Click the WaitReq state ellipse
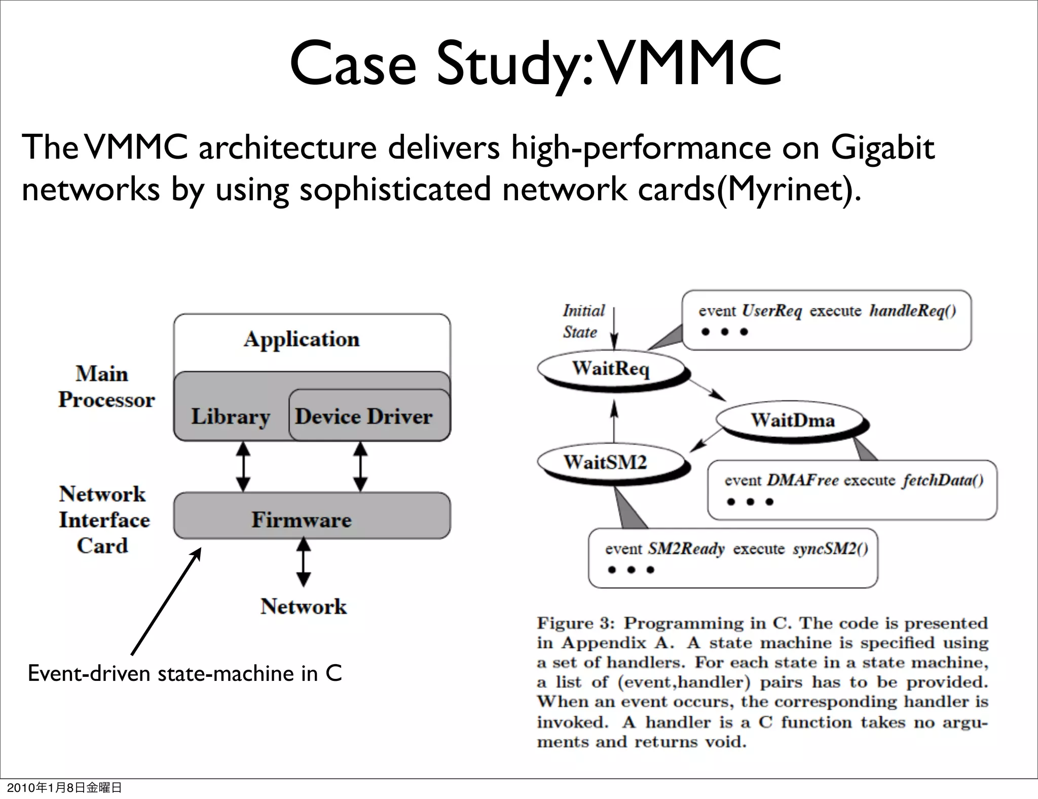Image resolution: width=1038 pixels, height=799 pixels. [x=611, y=369]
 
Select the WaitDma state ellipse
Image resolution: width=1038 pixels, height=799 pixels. [x=792, y=420]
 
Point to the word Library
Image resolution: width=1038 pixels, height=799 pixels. [x=230, y=417]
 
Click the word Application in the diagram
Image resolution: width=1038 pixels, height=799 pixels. [x=302, y=339]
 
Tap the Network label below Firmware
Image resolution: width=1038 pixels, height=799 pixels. [x=304, y=606]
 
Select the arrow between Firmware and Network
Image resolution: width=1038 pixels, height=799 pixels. [x=303, y=562]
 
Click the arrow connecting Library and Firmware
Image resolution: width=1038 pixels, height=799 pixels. [x=243, y=466]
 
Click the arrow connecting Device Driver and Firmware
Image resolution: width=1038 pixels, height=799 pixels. [x=360, y=466]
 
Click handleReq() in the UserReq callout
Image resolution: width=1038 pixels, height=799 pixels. [x=912, y=311]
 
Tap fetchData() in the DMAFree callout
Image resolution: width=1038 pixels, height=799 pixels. [x=942, y=481]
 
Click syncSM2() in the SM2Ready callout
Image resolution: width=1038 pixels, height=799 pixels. [x=830, y=549]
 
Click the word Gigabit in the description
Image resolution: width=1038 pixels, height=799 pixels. [x=882, y=148]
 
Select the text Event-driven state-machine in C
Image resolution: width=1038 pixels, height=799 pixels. [x=185, y=673]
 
